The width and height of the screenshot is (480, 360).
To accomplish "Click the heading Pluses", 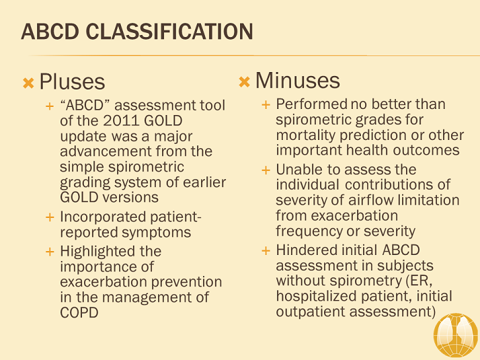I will (x=72, y=82).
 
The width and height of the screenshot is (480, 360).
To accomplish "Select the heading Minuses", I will (x=297, y=81).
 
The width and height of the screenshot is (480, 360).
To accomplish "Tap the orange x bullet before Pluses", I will (x=28, y=83).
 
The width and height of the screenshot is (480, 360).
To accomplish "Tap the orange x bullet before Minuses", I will (x=245, y=82).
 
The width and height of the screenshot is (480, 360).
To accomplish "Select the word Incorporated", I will (x=101, y=217).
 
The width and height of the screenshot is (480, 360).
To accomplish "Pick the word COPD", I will (x=79, y=313).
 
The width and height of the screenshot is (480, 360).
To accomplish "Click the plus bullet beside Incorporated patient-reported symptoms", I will (x=49, y=217).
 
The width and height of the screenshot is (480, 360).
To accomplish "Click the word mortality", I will (x=304, y=135).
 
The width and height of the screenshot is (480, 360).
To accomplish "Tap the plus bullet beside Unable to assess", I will (x=266, y=170).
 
